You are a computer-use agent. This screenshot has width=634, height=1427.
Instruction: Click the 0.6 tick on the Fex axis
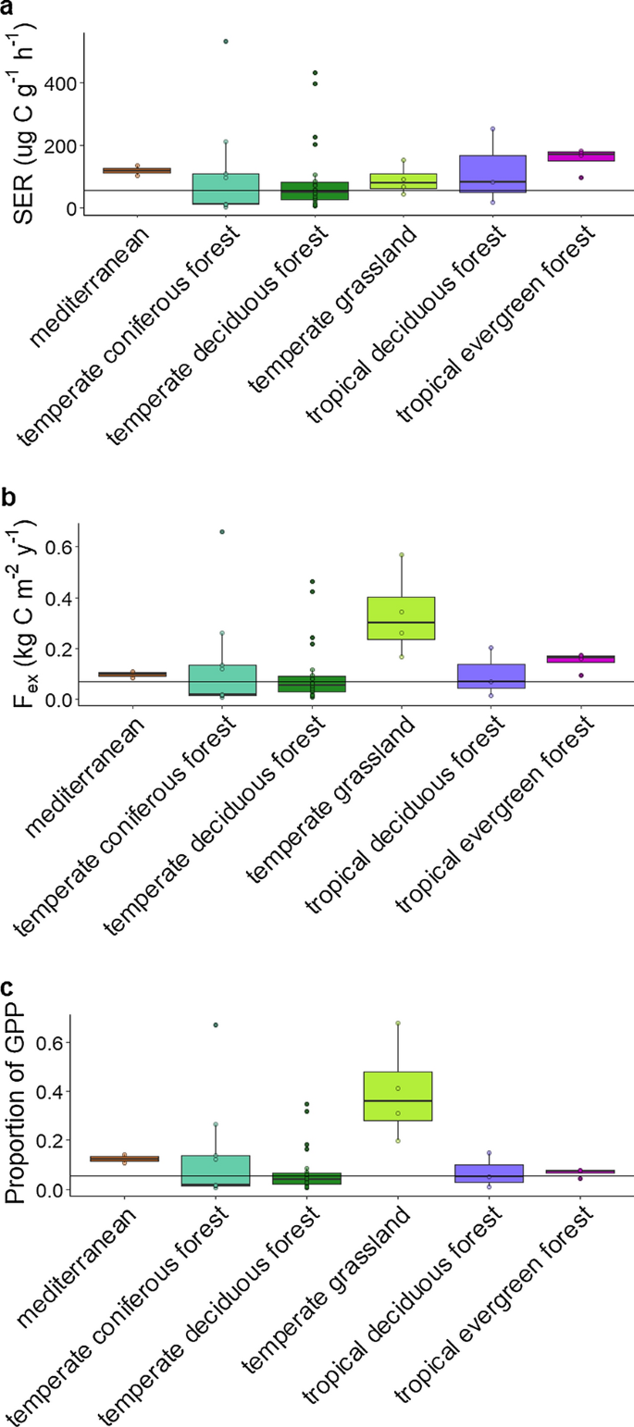[56, 546]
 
